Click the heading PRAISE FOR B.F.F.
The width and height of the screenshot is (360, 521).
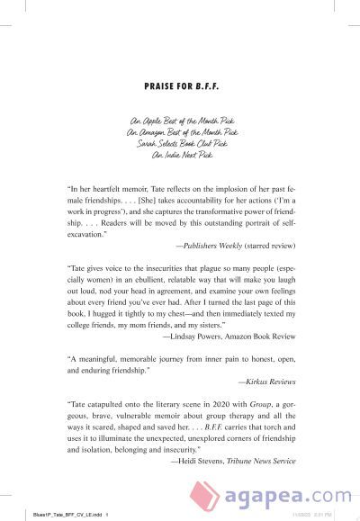tap(180, 88)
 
